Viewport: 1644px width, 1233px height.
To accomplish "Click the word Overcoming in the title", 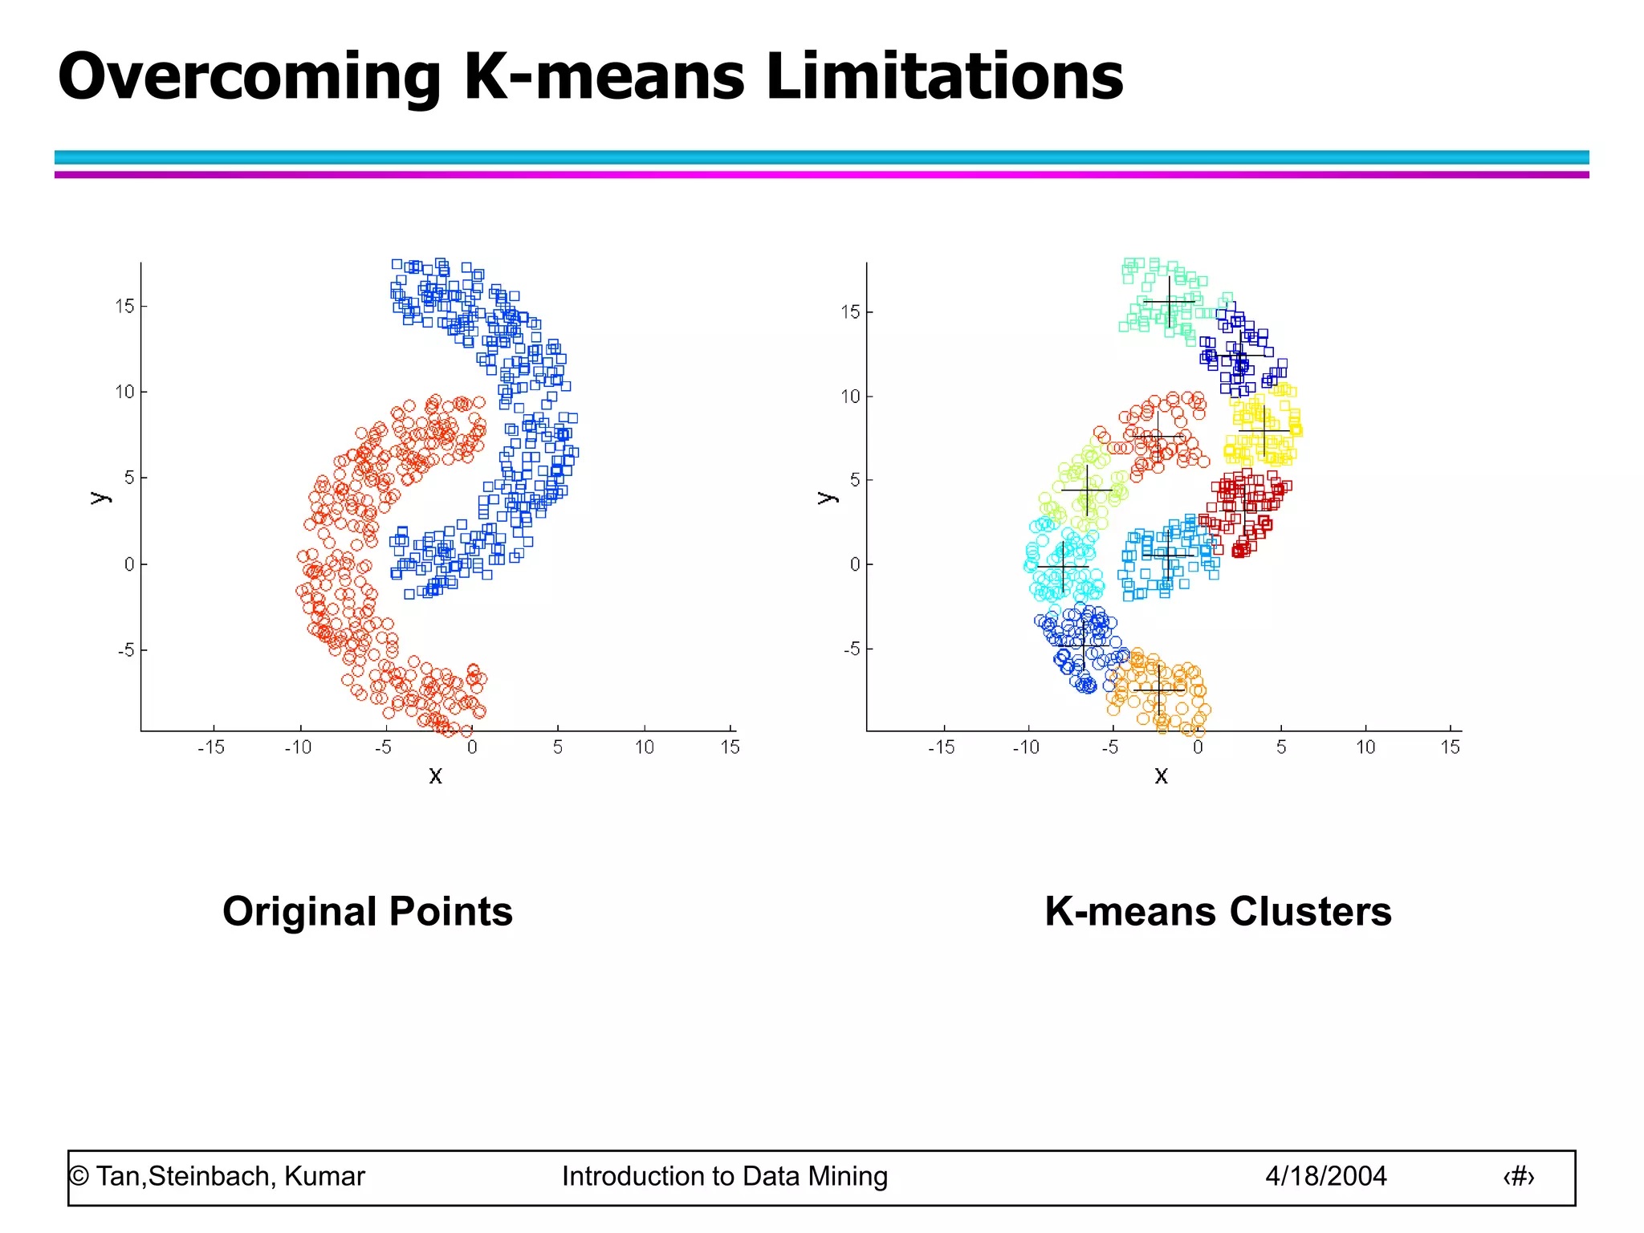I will pos(249,78).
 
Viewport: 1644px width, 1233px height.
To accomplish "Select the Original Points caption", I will pos(368,912).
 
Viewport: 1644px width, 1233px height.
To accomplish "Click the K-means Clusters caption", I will pos(1218,912).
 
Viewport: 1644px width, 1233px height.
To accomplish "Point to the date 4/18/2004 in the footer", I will pos(1325,1176).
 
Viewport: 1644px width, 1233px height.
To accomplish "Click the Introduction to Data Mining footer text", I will pos(725,1176).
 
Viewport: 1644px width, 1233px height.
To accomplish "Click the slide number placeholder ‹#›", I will pos(1518,1177).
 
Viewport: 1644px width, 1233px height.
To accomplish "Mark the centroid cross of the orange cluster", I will pos(1159,690).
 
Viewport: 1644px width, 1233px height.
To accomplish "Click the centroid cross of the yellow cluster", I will pos(1264,431).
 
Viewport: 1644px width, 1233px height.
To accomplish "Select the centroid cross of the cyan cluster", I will pos(1063,567).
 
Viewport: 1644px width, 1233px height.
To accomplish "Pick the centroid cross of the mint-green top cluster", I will pos(1169,302).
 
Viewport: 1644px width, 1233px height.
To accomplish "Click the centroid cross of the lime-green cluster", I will pos(1087,490).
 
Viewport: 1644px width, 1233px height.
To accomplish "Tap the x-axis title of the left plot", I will pos(435,775).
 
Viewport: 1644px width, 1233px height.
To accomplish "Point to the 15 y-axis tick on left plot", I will pos(125,306).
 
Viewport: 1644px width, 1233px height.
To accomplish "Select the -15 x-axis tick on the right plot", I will pos(941,747).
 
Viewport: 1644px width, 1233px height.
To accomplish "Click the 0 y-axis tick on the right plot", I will pos(854,564).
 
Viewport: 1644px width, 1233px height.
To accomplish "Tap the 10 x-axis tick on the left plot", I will pos(644,747).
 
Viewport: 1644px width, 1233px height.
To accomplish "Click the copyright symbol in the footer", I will pos(79,1177).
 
